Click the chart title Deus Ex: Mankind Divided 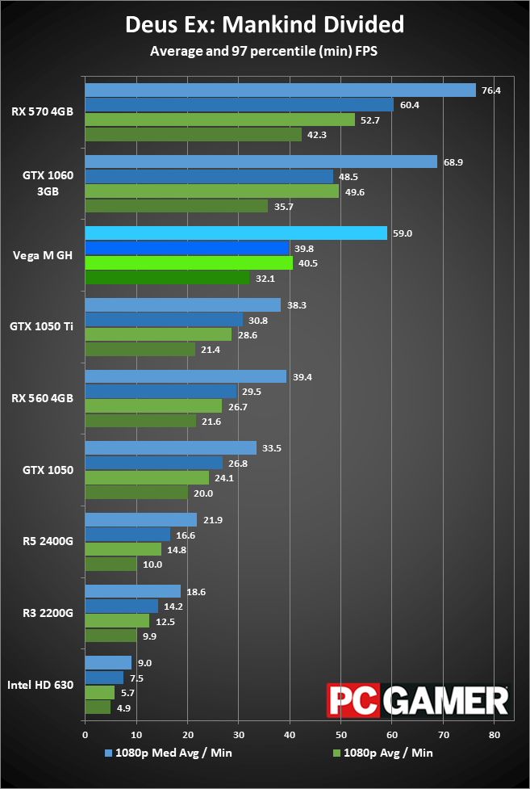pyautogui.click(x=265, y=25)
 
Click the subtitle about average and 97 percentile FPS pyautogui.click(x=265, y=52)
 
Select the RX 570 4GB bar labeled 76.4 pyautogui.click(x=280, y=90)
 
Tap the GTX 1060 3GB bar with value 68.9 pyautogui.click(x=261, y=162)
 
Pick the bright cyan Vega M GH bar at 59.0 pyautogui.click(x=236, y=233)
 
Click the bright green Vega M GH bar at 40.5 pyautogui.click(x=189, y=262)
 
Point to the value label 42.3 pyautogui.click(x=316, y=135)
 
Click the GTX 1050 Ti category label pyautogui.click(x=42, y=327)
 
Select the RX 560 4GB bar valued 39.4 pyautogui.click(x=186, y=376)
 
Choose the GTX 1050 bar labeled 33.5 pyautogui.click(x=170, y=448)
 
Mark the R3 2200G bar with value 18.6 pyautogui.click(x=132, y=591)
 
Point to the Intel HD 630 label pyautogui.click(x=41, y=685)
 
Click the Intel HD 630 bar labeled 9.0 pyautogui.click(x=108, y=663)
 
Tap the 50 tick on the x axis pyautogui.click(x=341, y=736)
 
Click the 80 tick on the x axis pyautogui.click(x=495, y=736)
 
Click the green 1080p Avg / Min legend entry pyautogui.click(x=382, y=753)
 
